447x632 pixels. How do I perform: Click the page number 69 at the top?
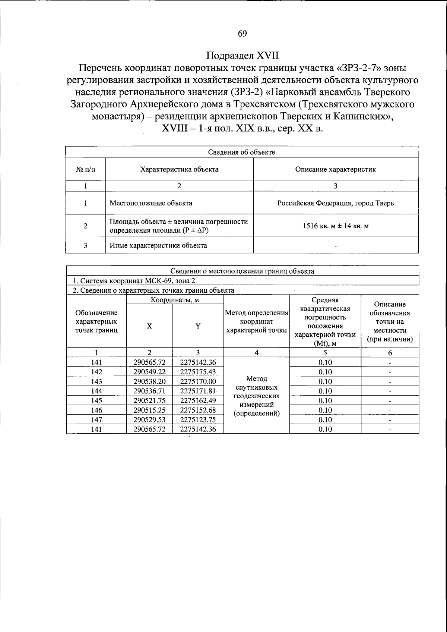coord(242,34)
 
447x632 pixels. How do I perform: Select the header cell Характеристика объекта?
coord(179,169)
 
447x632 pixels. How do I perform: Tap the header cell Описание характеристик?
coord(335,169)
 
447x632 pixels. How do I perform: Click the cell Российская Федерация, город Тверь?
coord(335,203)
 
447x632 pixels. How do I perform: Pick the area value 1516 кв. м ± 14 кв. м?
coord(335,226)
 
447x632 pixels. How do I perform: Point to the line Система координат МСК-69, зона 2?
coord(134,281)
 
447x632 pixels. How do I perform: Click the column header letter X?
coord(149,326)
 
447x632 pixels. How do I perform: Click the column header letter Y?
coord(198,326)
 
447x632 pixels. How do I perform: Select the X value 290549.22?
coord(149,372)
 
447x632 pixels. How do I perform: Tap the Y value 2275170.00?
coord(198,381)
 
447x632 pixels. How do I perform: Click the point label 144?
coord(96,391)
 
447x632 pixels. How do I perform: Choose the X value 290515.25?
coord(149,410)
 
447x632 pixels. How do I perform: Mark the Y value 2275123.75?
coord(198,420)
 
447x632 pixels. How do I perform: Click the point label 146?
coord(96,410)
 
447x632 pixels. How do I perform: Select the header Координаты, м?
coord(175,300)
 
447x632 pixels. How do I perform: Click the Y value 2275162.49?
coord(198,400)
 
